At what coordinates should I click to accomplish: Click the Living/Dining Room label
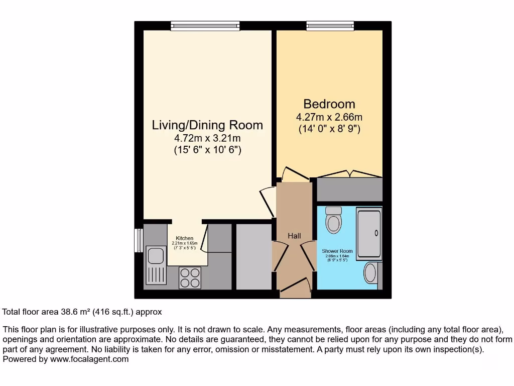click(207, 125)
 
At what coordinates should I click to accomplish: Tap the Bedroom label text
click(329, 104)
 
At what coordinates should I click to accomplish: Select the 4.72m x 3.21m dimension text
click(207, 138)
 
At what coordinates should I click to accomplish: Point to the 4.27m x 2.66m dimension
click(329, 117)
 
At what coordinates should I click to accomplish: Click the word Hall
click(294, 236)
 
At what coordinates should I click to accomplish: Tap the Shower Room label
click(337, 251)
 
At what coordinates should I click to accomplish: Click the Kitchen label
click(184, 238)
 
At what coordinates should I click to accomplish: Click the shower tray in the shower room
click(369, 233)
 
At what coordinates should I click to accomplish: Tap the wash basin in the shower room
click(370, 273)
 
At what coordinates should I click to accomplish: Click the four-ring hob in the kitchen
click(190, 277)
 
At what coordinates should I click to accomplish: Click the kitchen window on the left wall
click(138, 240)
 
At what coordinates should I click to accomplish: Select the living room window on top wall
click(205, 26)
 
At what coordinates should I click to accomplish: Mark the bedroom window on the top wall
click(330, 26)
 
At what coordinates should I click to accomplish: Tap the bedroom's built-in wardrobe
click(349, 189)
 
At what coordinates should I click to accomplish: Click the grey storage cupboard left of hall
click(253, 257)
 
